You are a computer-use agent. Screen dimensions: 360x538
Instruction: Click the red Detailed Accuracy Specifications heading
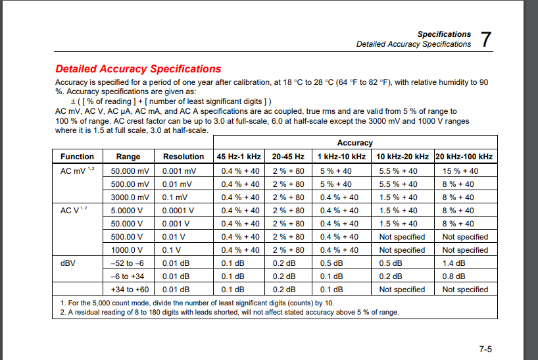138,68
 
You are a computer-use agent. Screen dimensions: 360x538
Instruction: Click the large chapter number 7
486,39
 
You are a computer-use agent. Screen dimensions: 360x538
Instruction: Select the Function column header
77,157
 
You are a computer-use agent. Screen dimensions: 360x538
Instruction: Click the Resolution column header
183,157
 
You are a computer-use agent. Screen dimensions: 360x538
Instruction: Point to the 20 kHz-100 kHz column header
464,157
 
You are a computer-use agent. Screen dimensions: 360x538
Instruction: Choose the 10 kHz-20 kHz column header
403,157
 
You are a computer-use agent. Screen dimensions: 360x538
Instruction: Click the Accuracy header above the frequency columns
355,143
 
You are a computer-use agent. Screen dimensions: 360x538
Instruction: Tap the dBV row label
68,263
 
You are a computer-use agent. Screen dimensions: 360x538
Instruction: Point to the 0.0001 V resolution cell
178,210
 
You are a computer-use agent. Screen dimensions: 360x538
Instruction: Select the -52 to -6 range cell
126,263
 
